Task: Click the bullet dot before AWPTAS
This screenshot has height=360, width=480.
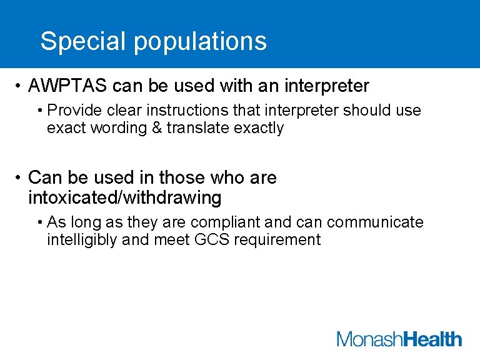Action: click(20, 86)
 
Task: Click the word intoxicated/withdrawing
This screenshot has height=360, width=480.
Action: click(125, 198)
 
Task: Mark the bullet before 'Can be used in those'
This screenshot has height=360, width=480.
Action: click(20, 178)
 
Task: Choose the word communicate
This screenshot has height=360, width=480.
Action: click(375, 222)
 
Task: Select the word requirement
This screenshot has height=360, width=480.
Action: click(277, 240)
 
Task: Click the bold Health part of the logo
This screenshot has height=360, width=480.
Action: click(432, 339)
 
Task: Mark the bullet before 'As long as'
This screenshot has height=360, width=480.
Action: click(39, 222)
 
